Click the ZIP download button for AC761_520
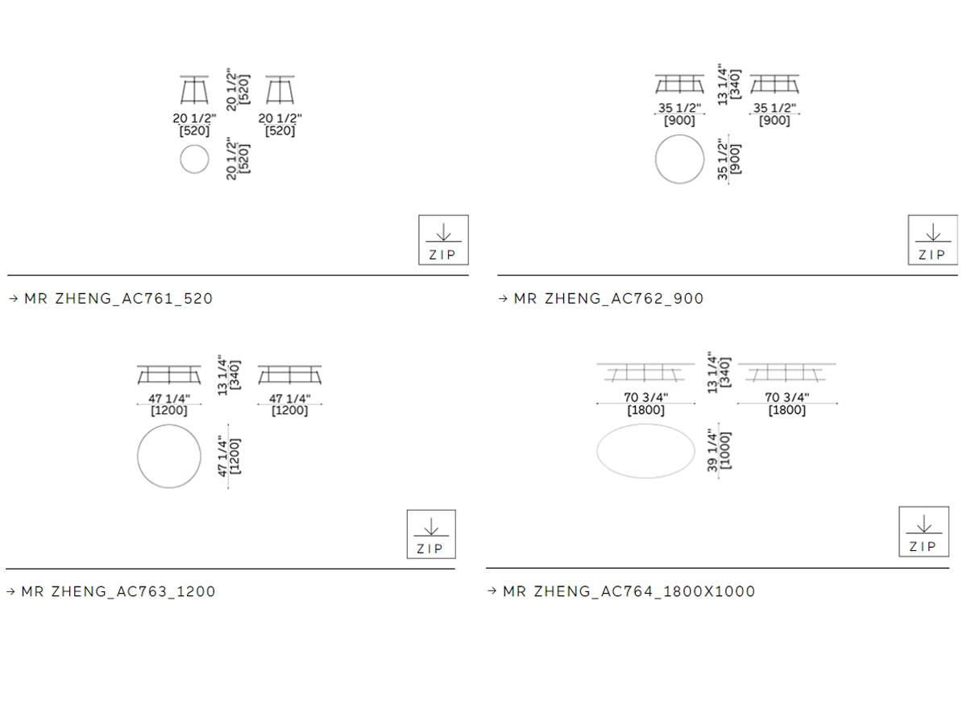point(443,240)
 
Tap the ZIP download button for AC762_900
point(932,240)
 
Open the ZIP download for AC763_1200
point(431,534)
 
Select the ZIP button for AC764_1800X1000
point(923,532)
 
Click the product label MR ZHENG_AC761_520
point(118,298)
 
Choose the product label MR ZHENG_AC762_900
point(609,298)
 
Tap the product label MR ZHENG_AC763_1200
point(118,591)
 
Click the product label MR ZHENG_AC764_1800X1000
point(629,591)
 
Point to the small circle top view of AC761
point(194,145)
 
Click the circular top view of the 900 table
point(679,135)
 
